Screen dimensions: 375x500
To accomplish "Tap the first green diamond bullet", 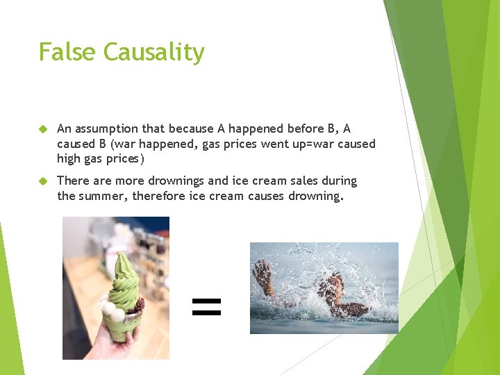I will coord(42,129).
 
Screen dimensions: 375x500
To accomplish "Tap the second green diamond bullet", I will coord(42,181).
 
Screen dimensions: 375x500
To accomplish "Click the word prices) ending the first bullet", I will coord(124,159).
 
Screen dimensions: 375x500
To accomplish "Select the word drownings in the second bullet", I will coord(172,181).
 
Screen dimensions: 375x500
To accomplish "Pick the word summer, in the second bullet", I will coord(102,196).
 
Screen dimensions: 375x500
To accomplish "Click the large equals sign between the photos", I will coord(206,306).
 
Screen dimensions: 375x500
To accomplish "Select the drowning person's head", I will coord(335,285).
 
